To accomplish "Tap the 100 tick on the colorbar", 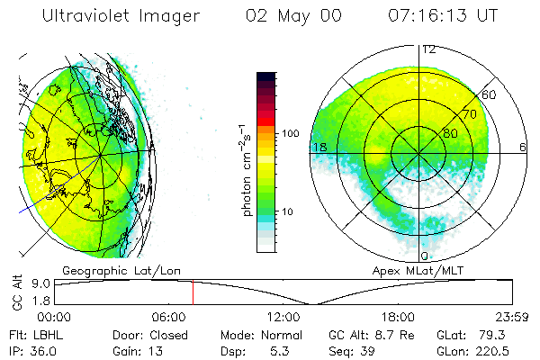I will [291, 133].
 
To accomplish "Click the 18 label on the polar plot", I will [318, 147].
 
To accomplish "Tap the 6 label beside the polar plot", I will [523, 147].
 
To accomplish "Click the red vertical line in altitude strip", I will [193, 292].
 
